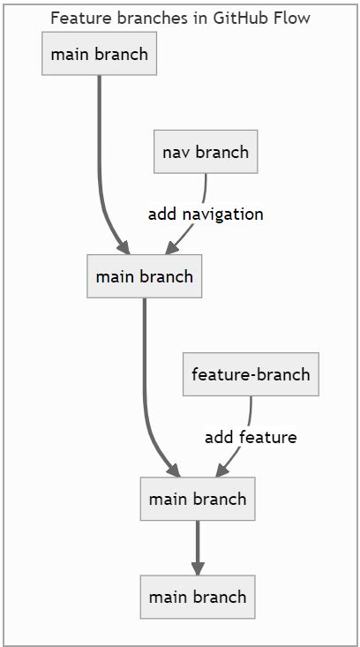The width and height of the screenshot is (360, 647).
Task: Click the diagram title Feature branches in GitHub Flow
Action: (x=180, y=18)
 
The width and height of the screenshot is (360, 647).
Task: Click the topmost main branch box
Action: (x=99, y=54)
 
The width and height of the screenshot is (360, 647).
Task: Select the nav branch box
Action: (x=206, y=152)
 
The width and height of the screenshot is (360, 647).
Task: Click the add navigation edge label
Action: (x=206, y=214)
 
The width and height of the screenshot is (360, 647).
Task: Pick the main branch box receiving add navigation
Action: (x=144, y=276)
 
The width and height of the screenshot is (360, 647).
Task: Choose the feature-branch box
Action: (x=251, y=374)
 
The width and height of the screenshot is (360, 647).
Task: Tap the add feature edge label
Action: (x=251, y=437)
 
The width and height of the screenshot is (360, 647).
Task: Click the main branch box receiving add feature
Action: (x=198, y=499)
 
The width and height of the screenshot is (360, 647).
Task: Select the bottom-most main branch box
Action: (x=198, y=597)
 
